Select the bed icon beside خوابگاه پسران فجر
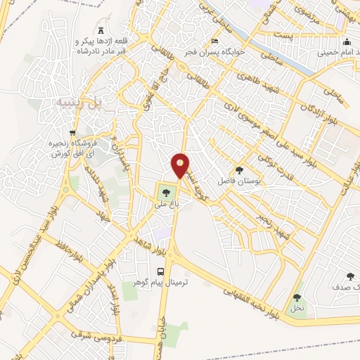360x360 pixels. click(215, 40)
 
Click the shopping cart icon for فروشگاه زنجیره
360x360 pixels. click(73, 132)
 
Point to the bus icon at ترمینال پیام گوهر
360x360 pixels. click(160, 271)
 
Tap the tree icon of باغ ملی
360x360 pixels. click(166, 191)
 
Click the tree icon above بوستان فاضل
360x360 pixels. click(240, 170)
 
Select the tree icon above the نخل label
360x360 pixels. click(296, 297)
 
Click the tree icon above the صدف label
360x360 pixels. click(350, 277)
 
